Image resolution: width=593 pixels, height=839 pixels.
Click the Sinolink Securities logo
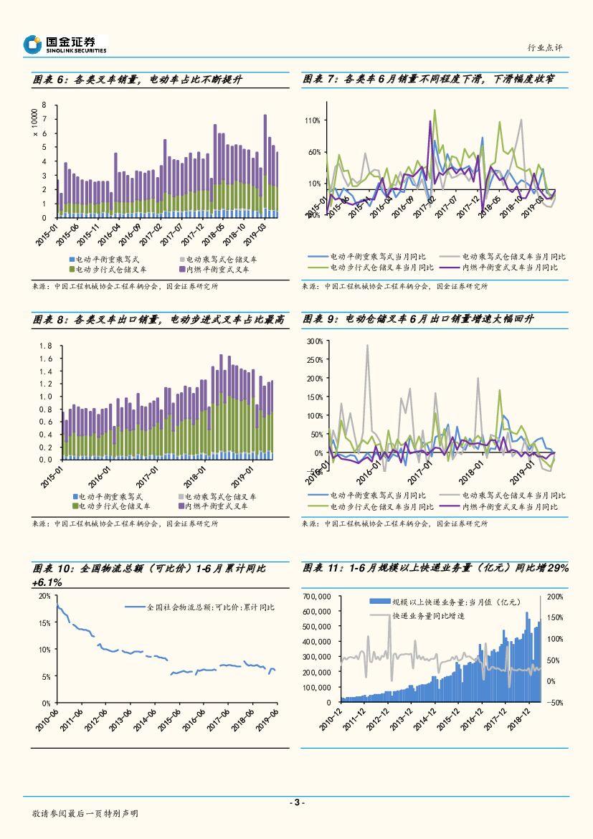(65, 44)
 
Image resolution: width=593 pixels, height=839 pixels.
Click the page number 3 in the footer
(296, 802)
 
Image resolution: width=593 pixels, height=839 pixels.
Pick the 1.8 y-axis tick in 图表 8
(47, 346)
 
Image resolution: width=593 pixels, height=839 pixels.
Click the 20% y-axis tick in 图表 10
(44, 596)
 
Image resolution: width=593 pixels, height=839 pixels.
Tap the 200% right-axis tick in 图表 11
(555, 597)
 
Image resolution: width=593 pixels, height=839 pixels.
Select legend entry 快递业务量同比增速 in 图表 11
(427, 616)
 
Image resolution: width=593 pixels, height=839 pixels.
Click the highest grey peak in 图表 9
(368, 346)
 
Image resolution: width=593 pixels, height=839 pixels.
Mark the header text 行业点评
(544, 47)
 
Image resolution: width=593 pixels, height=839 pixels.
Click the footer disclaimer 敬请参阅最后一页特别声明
(85, 814)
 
